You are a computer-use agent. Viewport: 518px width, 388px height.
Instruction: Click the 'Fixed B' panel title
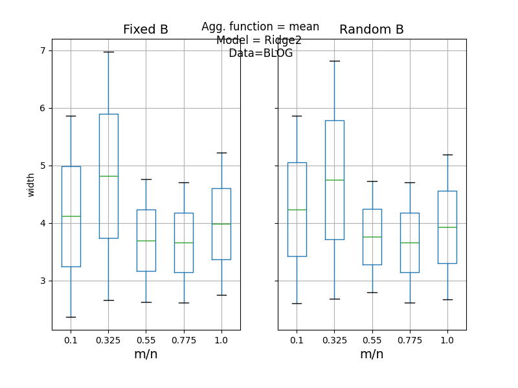[x=146, y=30]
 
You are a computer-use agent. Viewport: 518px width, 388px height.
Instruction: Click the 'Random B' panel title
[x=372, y=30]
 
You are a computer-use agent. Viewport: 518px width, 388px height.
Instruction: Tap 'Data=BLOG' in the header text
[x=260, y=53]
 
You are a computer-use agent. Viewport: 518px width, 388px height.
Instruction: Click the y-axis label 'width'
[x=31, y=184]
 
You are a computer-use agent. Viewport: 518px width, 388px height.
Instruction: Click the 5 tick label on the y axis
[x=43, y=166]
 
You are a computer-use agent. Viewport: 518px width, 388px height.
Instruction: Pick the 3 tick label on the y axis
[x=43, y=281]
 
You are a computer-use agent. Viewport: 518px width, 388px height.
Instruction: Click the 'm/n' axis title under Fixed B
[x=146, y=354]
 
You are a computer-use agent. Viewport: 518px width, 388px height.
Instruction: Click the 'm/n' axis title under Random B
[x=372, y=354]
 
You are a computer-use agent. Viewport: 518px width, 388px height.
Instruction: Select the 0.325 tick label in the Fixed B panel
[x=108, y=339]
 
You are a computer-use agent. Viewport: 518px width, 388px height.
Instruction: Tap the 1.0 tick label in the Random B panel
[x=447, y=339]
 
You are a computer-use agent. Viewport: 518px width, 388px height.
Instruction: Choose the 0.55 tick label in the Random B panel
[x=372, y=339]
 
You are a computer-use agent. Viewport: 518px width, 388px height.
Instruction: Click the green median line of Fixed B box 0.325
[x=108, y=176]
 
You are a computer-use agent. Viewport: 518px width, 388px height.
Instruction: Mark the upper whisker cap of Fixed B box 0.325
[x=108, y=52]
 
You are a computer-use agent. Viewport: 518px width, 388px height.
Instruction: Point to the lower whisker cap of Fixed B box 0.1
[x=71, y=317]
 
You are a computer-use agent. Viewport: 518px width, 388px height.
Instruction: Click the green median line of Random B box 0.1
[x=297, y=210]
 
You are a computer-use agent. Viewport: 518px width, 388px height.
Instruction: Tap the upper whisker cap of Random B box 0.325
[x=334, y=61]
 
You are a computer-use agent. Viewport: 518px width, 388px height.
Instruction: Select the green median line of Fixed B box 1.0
[x=221, y=224]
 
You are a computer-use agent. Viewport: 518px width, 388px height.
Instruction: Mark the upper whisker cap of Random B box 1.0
[x=447, y=155]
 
